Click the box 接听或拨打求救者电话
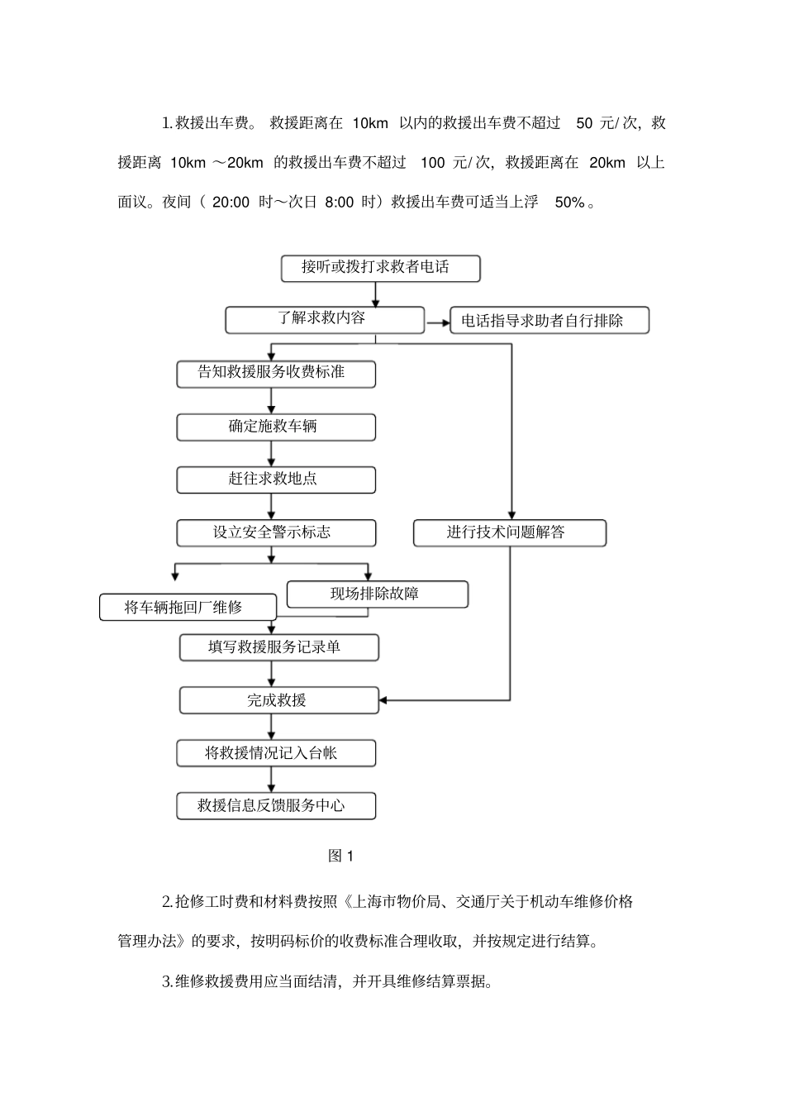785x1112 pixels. [x=380, y=268]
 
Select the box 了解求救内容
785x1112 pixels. [x=325, y=320]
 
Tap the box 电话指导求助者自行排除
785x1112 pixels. [x=549, y=321]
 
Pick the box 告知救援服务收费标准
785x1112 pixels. [x=276, y=374]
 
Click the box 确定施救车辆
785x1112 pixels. [x=276, y=427]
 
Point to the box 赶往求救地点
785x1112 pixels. [x=276, y=480]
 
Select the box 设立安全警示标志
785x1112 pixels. [x=276, y=532]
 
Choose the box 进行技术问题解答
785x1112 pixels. [x=509, y=532]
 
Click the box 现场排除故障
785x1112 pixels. [x=377, y=594]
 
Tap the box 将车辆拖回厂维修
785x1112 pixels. [x=188, y=608]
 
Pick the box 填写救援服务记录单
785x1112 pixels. [x=279, y=647]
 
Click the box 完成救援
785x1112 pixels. [x=279, y=700]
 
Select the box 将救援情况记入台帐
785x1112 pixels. [x=276, y=753]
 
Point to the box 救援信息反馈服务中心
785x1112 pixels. [x=276, y=806]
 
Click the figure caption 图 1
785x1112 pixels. [x=340, y=857]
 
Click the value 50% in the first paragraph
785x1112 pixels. [x=569, y=202]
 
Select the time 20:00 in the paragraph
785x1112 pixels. [x=231, y=202]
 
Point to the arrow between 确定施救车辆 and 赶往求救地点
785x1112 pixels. [x=272, y=453]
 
